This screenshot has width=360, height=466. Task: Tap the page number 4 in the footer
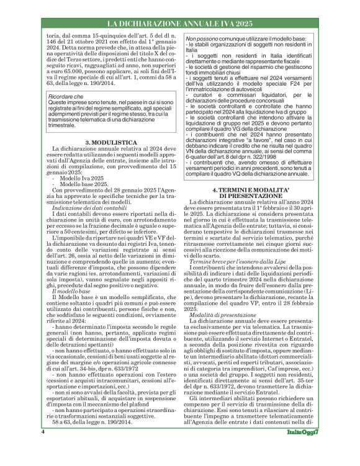(43, 449)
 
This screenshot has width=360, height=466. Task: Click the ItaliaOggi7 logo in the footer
(305, 449)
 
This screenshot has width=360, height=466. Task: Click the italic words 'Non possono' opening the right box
(197, 39)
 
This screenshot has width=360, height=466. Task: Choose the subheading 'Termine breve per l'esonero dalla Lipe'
(235, 262)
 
